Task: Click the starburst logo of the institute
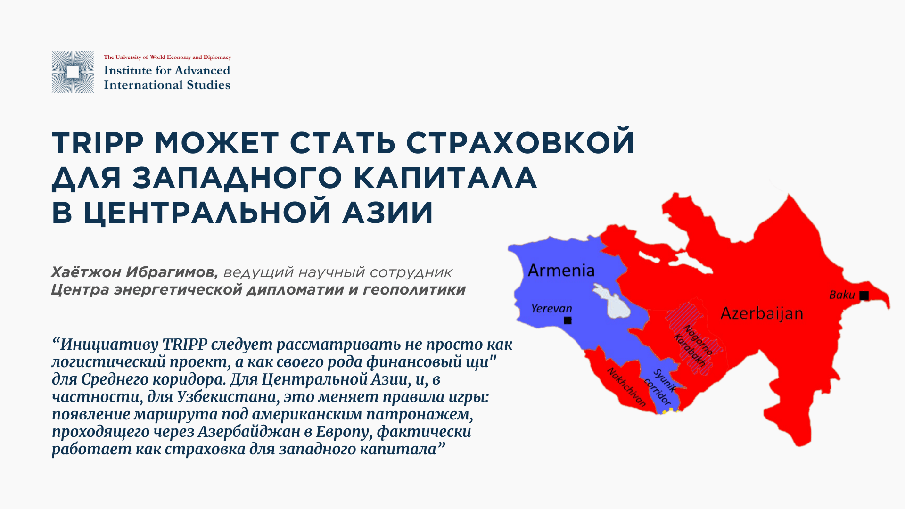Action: [x=73, y=72]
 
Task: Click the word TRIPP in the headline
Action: [x=98, y=142]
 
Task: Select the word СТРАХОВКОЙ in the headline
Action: [x=520, y=142]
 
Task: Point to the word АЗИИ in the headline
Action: [x=387, y=213]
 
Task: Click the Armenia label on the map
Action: [x=561, y=271]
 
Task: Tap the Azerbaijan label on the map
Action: [x=762, y=314]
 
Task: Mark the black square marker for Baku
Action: [x=864, y=296]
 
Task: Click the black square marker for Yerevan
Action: [x=568, y=320]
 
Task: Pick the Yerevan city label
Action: [x=551, y=309]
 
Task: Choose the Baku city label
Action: [x=842, y=295]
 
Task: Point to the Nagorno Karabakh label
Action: [x=693, y=346]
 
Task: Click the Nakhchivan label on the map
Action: [x=626, y=387]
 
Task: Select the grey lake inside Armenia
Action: [x=611, y=302]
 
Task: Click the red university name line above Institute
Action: [x=167, y=57]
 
